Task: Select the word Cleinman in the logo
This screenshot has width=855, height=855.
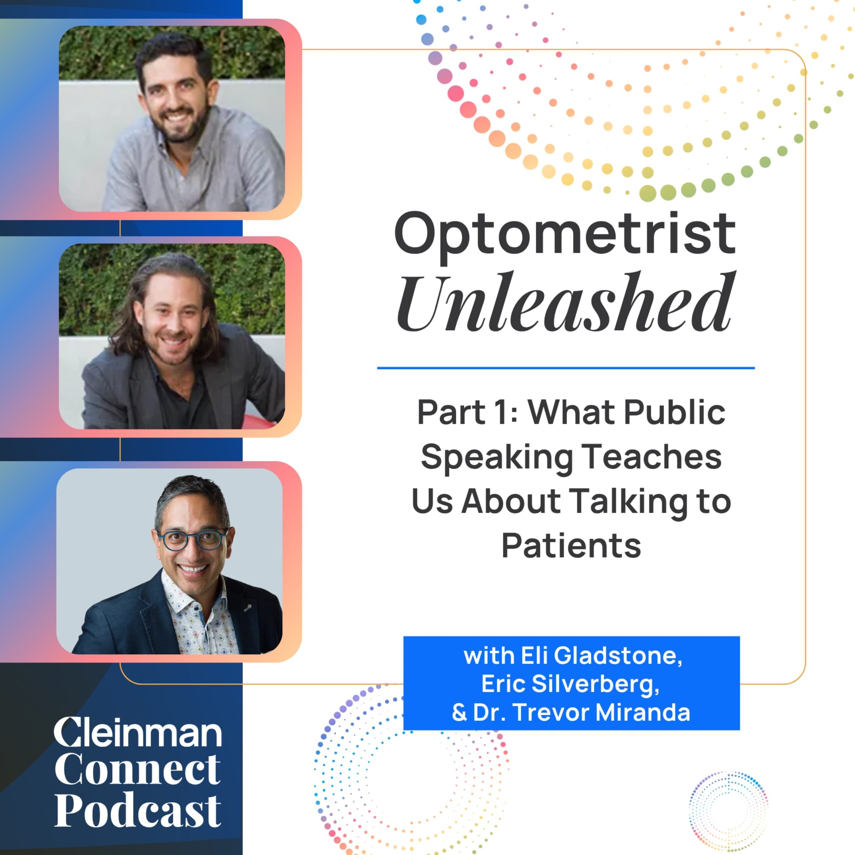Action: [138, 732]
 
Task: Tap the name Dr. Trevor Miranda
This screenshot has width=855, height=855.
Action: [581, 712]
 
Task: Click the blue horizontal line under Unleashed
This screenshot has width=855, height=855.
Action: [565, 368]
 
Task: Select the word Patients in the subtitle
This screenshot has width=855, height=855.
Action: [571, 546]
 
